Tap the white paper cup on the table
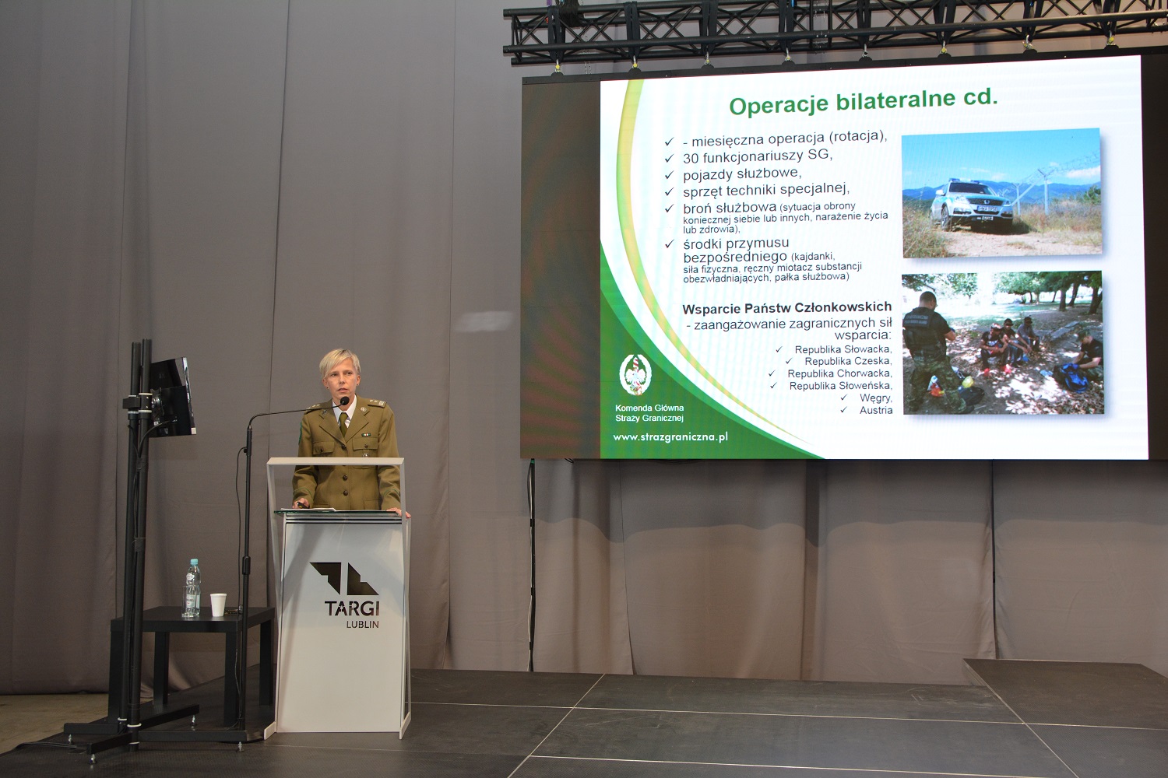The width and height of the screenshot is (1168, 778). click(219, 605)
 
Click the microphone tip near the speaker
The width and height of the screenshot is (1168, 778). click(344, 401)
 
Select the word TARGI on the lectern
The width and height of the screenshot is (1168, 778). click(352, 608)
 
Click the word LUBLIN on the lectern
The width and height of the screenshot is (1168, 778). click(362, 624)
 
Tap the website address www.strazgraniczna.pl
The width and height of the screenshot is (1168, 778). click(670, 437)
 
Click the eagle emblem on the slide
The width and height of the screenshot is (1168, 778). click(635, 374)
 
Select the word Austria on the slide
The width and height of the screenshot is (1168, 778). click(876, 410)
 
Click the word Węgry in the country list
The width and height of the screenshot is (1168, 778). click(876, 398)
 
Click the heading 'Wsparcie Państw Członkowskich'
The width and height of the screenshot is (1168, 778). click(786, 308)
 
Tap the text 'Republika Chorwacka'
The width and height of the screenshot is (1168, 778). click(839, 373)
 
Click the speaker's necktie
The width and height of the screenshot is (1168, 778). click(343, 424)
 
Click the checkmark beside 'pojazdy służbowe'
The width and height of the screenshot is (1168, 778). click(669, 174)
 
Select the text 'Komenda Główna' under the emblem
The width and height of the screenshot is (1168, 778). click(649, 408)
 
